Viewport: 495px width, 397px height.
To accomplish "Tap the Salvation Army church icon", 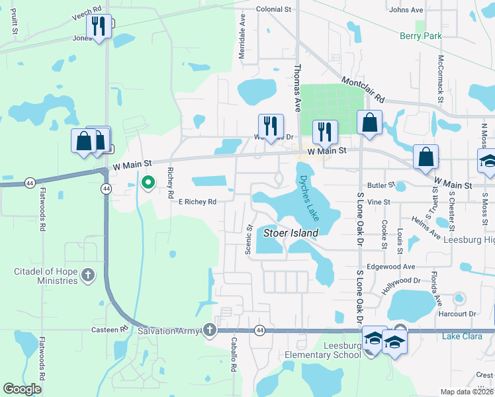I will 210,330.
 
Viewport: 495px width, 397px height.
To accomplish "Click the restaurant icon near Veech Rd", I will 99,27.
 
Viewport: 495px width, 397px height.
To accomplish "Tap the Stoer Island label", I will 291,233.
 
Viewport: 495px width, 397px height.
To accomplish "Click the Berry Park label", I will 420,36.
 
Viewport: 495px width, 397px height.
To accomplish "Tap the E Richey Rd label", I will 197,202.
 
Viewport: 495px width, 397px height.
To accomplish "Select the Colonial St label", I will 273,10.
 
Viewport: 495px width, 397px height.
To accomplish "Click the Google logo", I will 22,389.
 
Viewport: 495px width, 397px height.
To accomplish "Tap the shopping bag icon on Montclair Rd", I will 369,123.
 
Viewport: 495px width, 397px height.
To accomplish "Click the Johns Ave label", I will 406,10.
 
